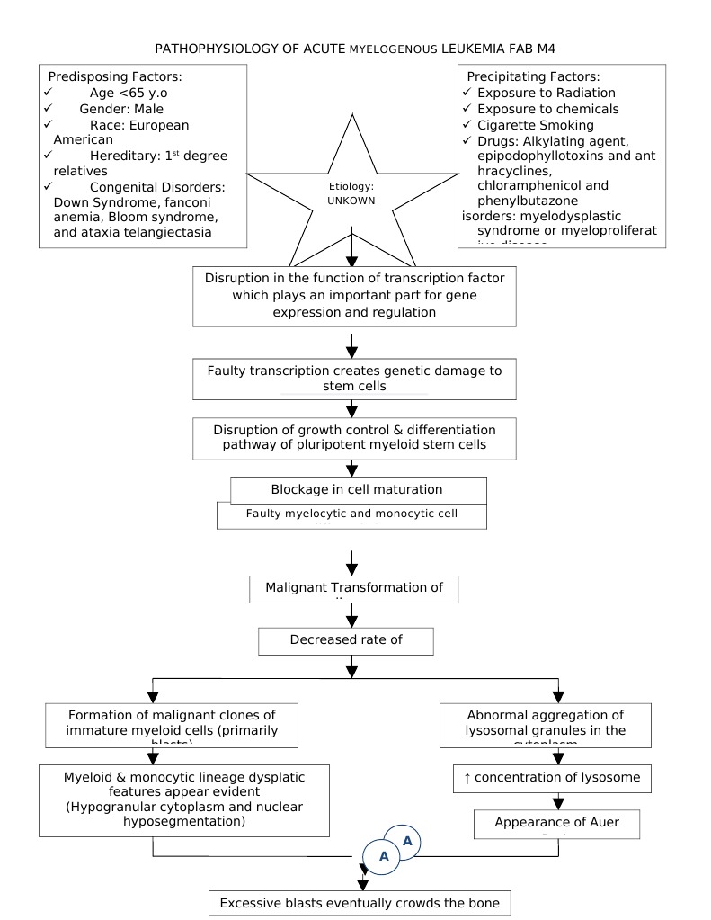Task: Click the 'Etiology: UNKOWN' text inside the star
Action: (x=351, y=192)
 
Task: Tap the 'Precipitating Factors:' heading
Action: (x=530, y=76)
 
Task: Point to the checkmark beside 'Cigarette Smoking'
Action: (x=467, y=125)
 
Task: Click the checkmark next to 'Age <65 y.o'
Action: (x=48, y=93)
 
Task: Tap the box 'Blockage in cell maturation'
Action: (x=357, y=489)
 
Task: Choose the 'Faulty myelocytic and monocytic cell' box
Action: (x=351, y=515)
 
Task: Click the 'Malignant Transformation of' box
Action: (x=353, y=588)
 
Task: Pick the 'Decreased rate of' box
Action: (x=345, y=640)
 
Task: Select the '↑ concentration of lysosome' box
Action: (x=551, y=778)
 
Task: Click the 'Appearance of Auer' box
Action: (x=555, y=823)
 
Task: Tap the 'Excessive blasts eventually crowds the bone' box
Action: (x=360, y=903)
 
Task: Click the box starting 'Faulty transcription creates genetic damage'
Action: (x=354, y=379)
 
